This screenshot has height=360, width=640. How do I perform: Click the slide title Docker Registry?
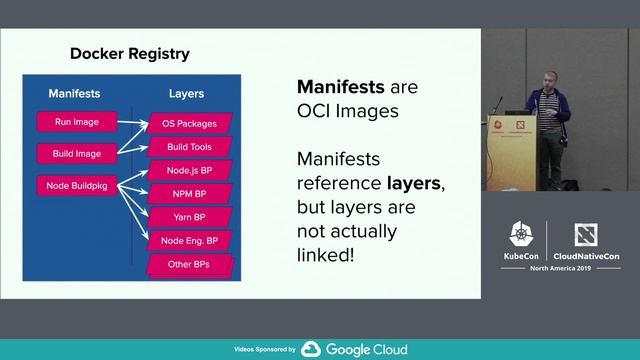click(x=129, y=53)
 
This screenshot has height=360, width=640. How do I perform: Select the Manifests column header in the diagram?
click(x=75, y=94)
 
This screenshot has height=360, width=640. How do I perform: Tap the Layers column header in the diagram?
click(x=185, y=94)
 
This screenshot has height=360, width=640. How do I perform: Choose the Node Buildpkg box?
click(x=76, y=185)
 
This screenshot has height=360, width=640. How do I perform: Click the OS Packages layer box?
click(x=190, y=124)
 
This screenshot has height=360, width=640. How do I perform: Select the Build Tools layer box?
click(x=190, y=147)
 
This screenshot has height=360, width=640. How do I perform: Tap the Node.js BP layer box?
click(x=190, y=170)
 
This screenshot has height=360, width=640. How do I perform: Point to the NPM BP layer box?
click(x=190, y=193)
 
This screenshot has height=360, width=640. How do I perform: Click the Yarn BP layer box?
click(x=190, y=217)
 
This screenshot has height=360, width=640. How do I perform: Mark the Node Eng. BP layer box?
click(x=190, y=241)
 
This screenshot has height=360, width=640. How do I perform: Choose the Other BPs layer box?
click(x=190, y=265)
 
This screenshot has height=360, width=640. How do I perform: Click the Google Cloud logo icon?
click(x=310, y=349)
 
